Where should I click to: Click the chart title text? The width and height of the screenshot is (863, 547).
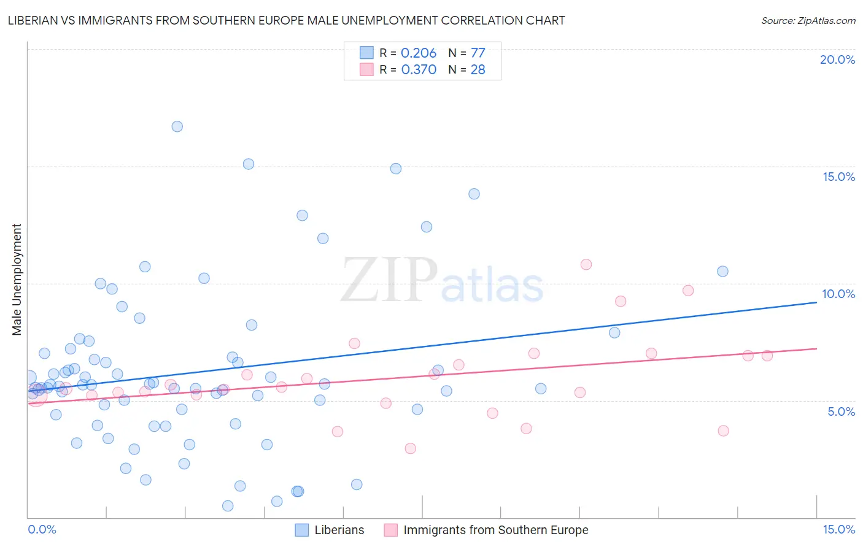[286, 20]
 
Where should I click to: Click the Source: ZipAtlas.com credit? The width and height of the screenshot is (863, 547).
[808, 20]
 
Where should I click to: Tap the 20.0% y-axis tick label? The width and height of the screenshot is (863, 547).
[837, 59]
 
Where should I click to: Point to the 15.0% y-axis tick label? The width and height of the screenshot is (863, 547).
[838, 177]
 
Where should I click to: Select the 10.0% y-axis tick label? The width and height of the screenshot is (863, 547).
[838, 294]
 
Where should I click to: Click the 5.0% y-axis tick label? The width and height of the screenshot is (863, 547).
[841, 411]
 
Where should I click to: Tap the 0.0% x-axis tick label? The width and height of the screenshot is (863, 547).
[42, 529]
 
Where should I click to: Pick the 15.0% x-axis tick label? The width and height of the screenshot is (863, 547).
[838, 529]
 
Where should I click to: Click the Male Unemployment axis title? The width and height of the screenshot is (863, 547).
[17, 280]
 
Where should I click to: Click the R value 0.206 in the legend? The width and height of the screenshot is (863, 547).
[419, 53]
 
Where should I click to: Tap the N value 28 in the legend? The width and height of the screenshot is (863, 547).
[478, 69]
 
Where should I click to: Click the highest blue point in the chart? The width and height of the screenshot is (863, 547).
[177, 126]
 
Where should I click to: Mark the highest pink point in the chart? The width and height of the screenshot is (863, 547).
[586, 264]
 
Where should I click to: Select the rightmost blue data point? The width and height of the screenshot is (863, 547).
[722, 271]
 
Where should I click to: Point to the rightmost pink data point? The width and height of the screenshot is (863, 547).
[767, 356]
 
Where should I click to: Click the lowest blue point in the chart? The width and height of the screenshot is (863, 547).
[228, 506]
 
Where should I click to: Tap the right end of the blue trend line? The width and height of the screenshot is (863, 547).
[817, 302]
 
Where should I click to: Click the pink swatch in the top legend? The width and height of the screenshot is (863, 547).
[366, 69]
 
